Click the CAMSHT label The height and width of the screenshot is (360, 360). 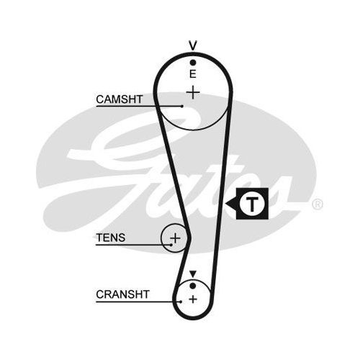(x=120, y=99)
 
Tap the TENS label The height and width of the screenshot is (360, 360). (x=111, y=238)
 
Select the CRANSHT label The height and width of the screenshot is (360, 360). (x=122, y=294)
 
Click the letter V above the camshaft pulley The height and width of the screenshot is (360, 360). (x=193, y=45)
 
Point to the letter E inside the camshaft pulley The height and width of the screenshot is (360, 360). (x=192, y=74)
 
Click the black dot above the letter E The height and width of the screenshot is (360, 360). (x=193, y=63)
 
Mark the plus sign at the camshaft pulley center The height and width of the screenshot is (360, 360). (x=193, y=92)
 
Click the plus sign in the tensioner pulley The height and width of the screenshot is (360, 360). (x=175, y=238)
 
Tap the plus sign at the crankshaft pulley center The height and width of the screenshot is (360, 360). (x=193, y=300)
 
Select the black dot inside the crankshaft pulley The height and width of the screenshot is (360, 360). (x=192, y=286)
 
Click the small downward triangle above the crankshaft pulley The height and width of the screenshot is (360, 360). (x=193, y=274)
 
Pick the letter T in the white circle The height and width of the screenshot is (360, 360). (x=252, y=204)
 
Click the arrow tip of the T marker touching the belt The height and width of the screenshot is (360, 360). (x=225, y=204)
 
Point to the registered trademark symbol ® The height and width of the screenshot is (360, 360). (x=317, y=204)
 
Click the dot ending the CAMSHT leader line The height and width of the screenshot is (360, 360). (x=182, y=106)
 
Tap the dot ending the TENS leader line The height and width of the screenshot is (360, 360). (x=171, y=245)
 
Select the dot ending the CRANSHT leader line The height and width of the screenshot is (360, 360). (x=181, y=302)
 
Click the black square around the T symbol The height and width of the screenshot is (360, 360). (x=264, y=192)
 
